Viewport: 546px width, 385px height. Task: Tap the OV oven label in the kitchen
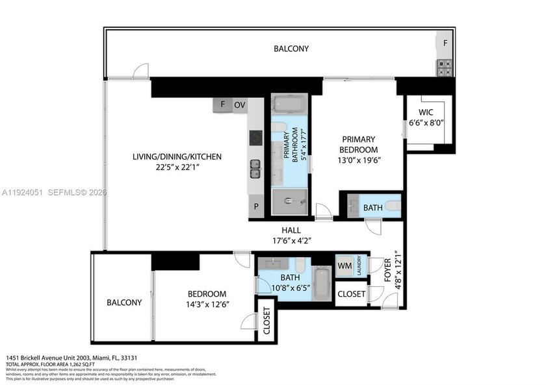pos(240,105)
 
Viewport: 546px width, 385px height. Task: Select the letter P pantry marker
pos(255,207)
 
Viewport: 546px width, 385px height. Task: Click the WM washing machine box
pos(344,266)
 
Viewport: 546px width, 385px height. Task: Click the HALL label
pos(291,230)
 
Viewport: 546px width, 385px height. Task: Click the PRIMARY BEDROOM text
pos(359,144)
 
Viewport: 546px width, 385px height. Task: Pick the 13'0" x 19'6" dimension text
pos(359,161)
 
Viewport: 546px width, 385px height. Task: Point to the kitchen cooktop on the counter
pos(255,138)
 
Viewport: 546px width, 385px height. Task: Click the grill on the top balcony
pos(444,66)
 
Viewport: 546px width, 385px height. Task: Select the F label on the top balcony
pos(445,43)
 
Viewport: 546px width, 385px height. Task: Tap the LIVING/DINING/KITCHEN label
pos(177,156)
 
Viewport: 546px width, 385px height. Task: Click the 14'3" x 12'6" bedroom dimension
pos(203,304)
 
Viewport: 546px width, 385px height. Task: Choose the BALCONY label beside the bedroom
pos(123,303)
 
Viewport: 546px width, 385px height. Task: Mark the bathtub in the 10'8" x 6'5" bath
pos(322,284)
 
